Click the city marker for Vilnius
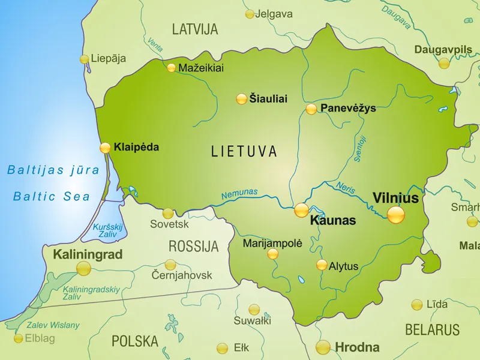[395, 214]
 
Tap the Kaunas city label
[333, 221]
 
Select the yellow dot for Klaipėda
[105, 148]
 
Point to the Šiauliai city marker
[241, 99]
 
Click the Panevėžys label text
[348, 108]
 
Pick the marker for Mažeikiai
[172, 68]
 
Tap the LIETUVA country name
[244, 151]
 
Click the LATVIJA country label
[195, 29]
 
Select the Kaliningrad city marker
[83, 268]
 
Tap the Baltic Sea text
[52, 196]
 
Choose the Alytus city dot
[322, 265]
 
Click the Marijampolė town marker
[273, 254]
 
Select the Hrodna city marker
[323, 347]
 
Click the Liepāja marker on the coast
[85, 59]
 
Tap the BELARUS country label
[432, 329]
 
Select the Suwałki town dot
[254, 310]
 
